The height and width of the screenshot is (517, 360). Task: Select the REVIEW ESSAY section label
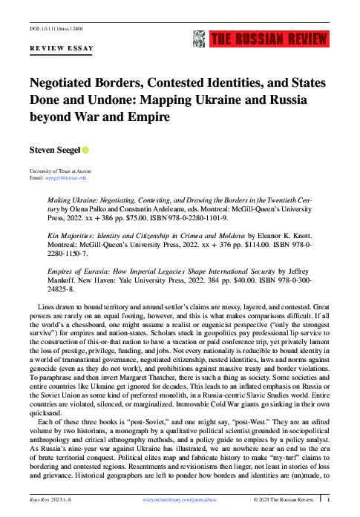(61, 48)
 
